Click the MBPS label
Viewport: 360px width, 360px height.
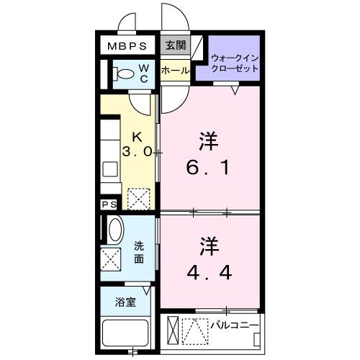tap(127, 45)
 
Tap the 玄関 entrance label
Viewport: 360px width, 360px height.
tap(176, 45)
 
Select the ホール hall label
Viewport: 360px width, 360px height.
tap(176, 71)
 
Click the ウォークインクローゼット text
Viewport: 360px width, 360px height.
tap(235, 63)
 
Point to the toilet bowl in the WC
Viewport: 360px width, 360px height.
tap(125, 73)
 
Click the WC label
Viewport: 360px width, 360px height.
tap(144, 73)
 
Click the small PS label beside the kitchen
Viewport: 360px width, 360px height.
tap(109, 204)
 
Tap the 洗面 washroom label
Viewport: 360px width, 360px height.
tap(140, 252)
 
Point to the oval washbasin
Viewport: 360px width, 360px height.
tap(115, 231)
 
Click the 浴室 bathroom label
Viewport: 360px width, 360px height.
tap(126, 302)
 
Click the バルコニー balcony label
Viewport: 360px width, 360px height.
tap(234, 325)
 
